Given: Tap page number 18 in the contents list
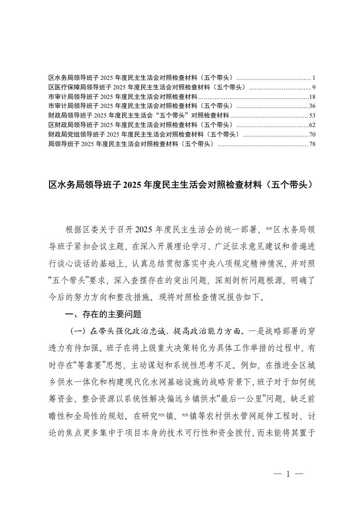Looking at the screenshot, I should click(x=312, y=97).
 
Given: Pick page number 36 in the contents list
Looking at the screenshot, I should click(x=312, y=106).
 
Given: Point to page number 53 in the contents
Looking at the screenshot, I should click(x=312, y=115).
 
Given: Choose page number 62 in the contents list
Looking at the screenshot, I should click(x=312, y=125).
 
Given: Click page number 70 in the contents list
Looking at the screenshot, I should click(x=312, y=135).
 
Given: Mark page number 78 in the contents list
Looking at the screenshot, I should click(x=312, y=144).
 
